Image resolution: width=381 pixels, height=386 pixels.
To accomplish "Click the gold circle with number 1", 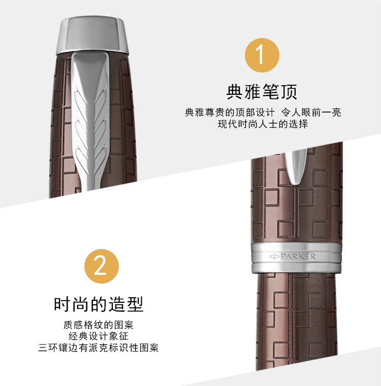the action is pyautogui.click(x=262, y=55).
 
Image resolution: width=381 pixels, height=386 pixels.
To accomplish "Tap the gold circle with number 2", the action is pyautogui.click(x=102, y=266).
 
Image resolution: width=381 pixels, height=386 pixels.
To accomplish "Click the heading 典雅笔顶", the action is pyautogui.click(x=262, y=92).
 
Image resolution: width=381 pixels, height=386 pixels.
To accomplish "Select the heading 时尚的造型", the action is pyautogui.click(x=99, y=304).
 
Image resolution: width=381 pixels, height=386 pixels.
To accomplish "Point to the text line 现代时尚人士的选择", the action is pyautogui.click(x=263, y=124).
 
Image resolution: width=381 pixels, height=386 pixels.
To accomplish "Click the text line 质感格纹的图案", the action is pyautogui.click(x=99, y=325).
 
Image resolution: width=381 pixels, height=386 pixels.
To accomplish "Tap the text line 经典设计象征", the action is pyautogui.click(x=99, y=336).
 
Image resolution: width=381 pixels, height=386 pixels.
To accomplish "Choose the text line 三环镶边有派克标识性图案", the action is pyautogui.click(x=99, y=347).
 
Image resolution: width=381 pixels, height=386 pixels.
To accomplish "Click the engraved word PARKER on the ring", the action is pyautogui.click(x=298, y=257).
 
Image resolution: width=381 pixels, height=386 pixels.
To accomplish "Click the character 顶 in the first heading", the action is pyautogui.click(x=289, y=92).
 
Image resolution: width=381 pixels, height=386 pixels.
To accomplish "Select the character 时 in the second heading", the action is pyautogui.click(x=62, y=304).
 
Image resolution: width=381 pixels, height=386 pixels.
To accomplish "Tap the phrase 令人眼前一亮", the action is pyautogui.click(x=311, y=113).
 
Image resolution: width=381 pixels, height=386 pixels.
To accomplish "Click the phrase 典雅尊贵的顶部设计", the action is pyautogui.click(x=230, y=113).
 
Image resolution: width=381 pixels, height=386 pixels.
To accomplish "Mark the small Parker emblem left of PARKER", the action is pyautogui.click(x=274, y=257).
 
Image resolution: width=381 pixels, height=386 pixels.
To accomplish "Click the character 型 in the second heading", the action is pyautogui.click(x=135, y=304).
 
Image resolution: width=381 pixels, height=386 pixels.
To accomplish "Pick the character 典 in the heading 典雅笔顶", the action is pyautogui.click(x=235, y=92).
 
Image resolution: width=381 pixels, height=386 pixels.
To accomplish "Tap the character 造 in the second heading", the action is pyautogui.click(x=117, y=304).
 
